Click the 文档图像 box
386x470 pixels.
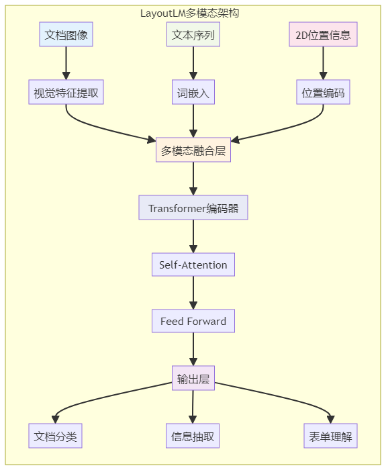pyautogui.click(x=66, y=34)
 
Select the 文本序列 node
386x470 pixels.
pyautogui.click(x=193, y=34)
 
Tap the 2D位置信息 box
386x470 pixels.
pyautogui.click(x=323, y=34)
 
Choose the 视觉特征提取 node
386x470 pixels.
pyautogui.click(x=66, y=92)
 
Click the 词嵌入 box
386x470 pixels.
pyautogui.click(x=193, y=92)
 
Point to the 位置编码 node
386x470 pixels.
pyautogui.click(x=323, y=92)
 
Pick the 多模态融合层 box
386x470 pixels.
pyautogui.click(x=193, y=150)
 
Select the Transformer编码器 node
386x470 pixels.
pyautogui.click(x=193, y=207)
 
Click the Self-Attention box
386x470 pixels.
pyautogui.click(x=193, y=265)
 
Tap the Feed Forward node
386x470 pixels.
pyautogui.click(x=193, y=321)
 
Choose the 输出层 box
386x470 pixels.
pyautogui.click(x=193, y=378)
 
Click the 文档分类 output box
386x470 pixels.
pyautogui.click(x=55, y=436)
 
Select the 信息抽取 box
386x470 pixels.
pyautogui.click(x=193, y=436)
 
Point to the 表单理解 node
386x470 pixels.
pyautogui.click(x=330, y=436)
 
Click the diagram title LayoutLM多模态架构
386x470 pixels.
pyautogui.click(x=190, y=13)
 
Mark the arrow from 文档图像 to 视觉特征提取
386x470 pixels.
pyautogui.click(x=66, y=63)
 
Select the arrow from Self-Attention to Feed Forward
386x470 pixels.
pyautogui.click(x=193, y=293)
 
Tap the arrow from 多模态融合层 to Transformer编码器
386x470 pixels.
pyautogui.click(x=193, y=179)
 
